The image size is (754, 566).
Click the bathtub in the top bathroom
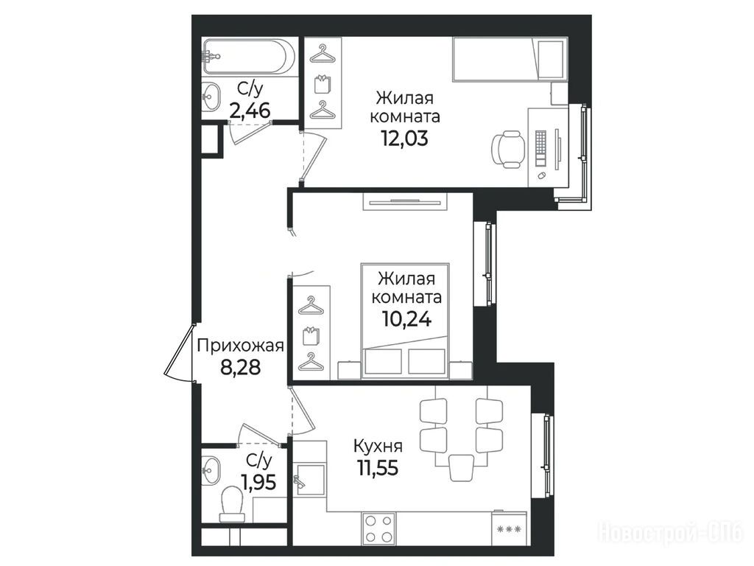coord(249,57)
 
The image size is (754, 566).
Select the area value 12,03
coord(404,139)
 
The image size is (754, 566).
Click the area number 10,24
coord(406,318)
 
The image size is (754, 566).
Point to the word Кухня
coord(378,446)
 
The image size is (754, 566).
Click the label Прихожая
coord(241,346)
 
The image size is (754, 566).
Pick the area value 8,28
coord(241,367)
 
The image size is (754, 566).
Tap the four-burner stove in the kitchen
coord(378,528)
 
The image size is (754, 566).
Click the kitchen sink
coord(310,480)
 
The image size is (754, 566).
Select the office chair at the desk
coord(508,148)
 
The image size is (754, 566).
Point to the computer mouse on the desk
coord(540,175)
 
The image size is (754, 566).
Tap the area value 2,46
coord(250,112)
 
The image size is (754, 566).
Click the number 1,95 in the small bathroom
coord(259,482)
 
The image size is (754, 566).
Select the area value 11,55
coord(378,467)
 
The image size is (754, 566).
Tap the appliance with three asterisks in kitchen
coord(509,528)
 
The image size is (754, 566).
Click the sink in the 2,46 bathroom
coord(210,96)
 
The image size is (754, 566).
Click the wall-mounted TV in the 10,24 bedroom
coord(406,202)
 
